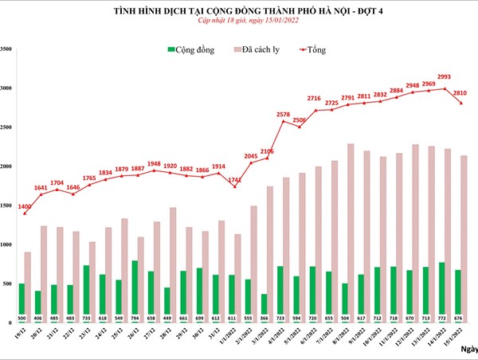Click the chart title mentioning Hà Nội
tap(239, 10)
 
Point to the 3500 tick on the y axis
tap(6, 49)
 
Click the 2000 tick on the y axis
tap(6, 166)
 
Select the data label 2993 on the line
tap(445, 77)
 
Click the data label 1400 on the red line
tap(25, 207)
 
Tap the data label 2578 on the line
tap(283, 115)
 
